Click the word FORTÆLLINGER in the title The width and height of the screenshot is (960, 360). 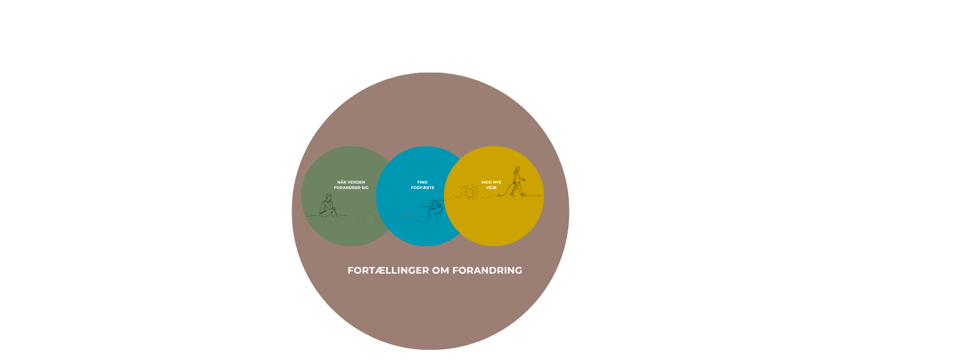click(388, 271)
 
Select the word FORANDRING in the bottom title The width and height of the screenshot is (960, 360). click(487, 271)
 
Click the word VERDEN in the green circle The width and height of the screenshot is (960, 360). click(356, 182)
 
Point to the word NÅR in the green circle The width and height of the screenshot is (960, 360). click(342, 182)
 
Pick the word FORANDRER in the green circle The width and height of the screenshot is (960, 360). click(345, 188)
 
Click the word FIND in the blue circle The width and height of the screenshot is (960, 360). click(422, 182)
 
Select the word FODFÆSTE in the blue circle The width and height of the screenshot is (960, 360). click(422, 188)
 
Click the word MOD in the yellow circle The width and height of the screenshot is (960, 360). click(487, 182)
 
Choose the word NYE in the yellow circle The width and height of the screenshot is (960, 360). click(497, 182)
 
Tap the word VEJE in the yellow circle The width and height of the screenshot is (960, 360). click(491, 188)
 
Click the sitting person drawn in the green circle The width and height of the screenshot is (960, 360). click(328, 206)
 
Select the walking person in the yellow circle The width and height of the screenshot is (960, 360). click(518, 181)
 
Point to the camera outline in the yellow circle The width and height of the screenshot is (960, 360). click(470, 192)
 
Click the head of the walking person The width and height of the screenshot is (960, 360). click(517, 169)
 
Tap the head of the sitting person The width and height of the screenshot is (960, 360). click(329, 197)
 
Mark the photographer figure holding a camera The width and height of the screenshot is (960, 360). click(434, 210)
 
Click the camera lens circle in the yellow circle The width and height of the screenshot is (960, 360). click(470, 193)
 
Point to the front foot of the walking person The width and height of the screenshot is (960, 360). click(523, 194)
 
